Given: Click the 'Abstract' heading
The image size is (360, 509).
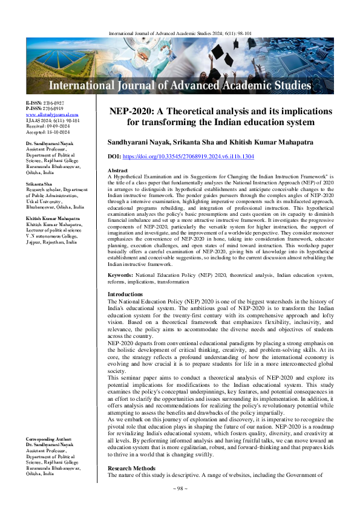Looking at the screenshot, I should click(x=117, y=171).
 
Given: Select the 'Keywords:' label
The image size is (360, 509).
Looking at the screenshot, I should click(x=120, y=275).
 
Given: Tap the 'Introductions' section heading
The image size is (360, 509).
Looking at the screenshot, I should click(x=125, y=294).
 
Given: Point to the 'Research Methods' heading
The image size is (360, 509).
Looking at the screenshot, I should click(x=131, y=468).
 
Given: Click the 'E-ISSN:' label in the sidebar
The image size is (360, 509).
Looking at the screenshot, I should click(x=34, y=103).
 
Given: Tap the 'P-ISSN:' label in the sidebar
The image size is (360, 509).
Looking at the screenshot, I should click(x=34, y=109).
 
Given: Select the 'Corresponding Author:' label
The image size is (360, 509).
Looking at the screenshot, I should click(x=53, y=438).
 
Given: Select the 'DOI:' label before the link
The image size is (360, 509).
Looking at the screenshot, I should click(x=115, y=156).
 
